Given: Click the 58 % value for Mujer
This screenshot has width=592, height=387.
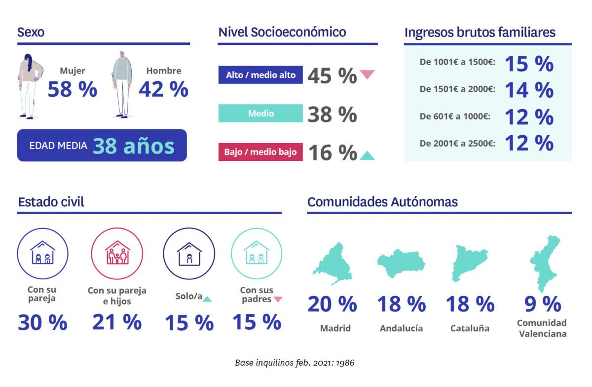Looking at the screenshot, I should pyautogui.click(x=73, y=90).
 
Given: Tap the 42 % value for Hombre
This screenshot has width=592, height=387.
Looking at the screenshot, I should pyautogui.click(x=163, y=90).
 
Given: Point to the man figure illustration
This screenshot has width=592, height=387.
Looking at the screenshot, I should pyautogui.click(x=121, y=84).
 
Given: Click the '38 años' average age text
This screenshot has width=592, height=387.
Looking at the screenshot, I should pyautogui.click(x=134, y=146).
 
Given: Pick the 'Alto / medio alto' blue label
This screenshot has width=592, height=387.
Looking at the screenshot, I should pyautogui.click(x=260, y=75).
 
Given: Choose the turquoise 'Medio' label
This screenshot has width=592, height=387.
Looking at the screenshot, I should pyautogui.click(x=260, y=114).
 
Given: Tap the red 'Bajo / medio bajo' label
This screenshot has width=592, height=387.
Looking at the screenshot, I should pyautogui.click(x=260, y=152).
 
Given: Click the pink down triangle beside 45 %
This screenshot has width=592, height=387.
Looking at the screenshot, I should pyautogui.click(x=367, y=75).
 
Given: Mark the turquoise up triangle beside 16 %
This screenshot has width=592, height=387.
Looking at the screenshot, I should pyautogui.click(x=367, y=155).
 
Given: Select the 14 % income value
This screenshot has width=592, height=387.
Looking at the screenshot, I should pyautogui.click(x=529, y=90).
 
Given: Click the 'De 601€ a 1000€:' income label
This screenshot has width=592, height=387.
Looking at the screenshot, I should pyautogui.click(x=454, y=117).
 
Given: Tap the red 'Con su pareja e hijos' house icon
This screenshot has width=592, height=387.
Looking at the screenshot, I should pyautogui.click(x=117, y=253).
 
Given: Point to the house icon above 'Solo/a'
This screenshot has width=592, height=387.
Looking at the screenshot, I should pyautogui.click(x=189, y=253).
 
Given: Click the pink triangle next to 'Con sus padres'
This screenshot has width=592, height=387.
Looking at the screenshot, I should pyautogui.click(x=278, y=299).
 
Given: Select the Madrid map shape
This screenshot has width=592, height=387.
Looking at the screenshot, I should pyautogui.click(x=333, y=264).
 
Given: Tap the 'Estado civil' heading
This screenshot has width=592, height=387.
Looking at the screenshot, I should pyautogui.click(x=51, y=202).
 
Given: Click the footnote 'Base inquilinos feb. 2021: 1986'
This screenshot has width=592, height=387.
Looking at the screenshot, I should pyautogui.click(x=295, y=363).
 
